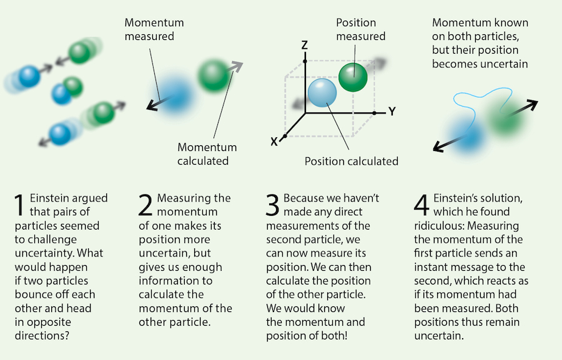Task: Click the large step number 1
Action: pyautogui.click(x=20, y=205)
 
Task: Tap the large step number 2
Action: pyautogui.click(x=145, y=205)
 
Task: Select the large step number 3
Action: pyautogui.click(x=272, y=205)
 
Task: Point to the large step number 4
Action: pyautogui.click(x=421, y=205)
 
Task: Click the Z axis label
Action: pyautogui.click(x=305, y=45)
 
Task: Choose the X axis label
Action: pyautogui.click(x=274, y=141)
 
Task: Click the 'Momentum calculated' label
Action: pyautogui.click(x=207, y=154)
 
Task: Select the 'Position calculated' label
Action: pyautogui.click(x=351, y=162)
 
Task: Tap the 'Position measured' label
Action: pyautogui.click(x=361, y=29)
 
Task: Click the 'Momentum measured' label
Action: pyautogui.click(x=149, y=29)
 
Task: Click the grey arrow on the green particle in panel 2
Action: pyautogui.click(x=234, y=67)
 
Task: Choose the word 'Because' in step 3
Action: pyautogui.click(x=303, y=198)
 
